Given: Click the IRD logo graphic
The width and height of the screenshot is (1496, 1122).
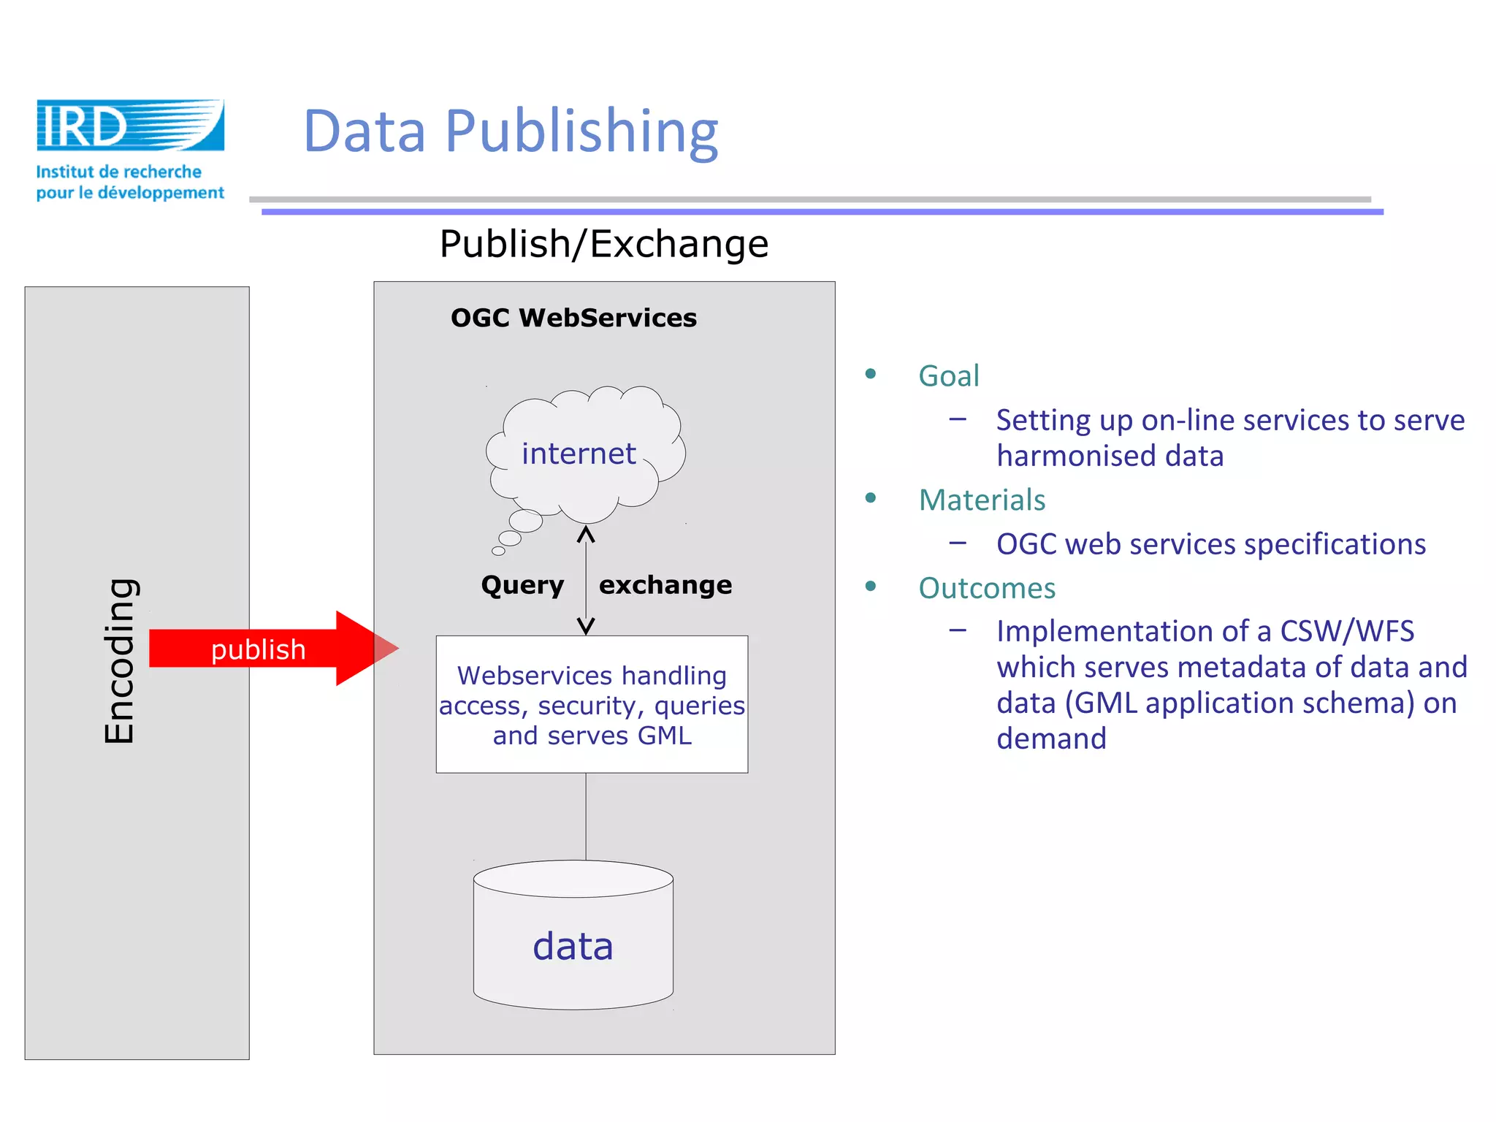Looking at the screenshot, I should coord(130,126).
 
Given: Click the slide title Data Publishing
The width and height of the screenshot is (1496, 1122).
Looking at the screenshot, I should coord(511,131).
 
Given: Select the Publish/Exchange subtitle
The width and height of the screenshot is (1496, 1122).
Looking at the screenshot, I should coord(603,244).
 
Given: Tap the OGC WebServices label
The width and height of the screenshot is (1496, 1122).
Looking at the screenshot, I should coord(573,318).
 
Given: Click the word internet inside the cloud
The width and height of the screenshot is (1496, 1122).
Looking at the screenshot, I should coord(578,454).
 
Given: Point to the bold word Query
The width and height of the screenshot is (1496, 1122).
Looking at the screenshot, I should coord(522,585).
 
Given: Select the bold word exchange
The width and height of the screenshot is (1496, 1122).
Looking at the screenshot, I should coord(665,585).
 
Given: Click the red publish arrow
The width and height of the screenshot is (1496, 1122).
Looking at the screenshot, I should coord(270,649).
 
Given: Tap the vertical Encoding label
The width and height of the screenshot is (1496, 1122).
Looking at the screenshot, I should coord(119,661).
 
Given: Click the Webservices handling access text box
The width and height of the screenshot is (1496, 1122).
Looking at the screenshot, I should coord(592,704).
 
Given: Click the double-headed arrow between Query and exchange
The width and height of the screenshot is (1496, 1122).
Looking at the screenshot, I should coord(586,581).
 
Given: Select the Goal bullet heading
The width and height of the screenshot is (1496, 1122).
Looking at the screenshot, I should coord(948,375).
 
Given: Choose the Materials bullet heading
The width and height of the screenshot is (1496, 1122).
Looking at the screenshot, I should coord(981,500).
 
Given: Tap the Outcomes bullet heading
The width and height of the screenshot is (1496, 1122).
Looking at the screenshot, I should coord(986,588).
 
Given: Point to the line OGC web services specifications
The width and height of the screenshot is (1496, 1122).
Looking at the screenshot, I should coord(1210,544).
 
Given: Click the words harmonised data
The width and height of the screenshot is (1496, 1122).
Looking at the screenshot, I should coord(1110,456).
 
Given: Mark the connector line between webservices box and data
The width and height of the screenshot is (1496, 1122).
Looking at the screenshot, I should coord(586,817).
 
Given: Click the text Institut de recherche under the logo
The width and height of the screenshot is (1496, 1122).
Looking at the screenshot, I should coord(118,172).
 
